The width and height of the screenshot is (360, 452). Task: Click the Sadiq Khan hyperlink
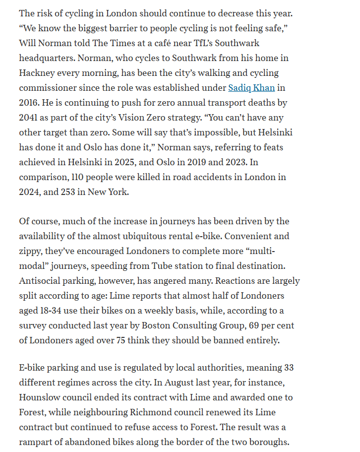pyautogui.click(x=251, y=88)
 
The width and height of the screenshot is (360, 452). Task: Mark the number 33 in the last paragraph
pyautogui.click(x=289, y=368)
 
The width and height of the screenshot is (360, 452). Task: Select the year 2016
pyautogui.click(x=30, y=103)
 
